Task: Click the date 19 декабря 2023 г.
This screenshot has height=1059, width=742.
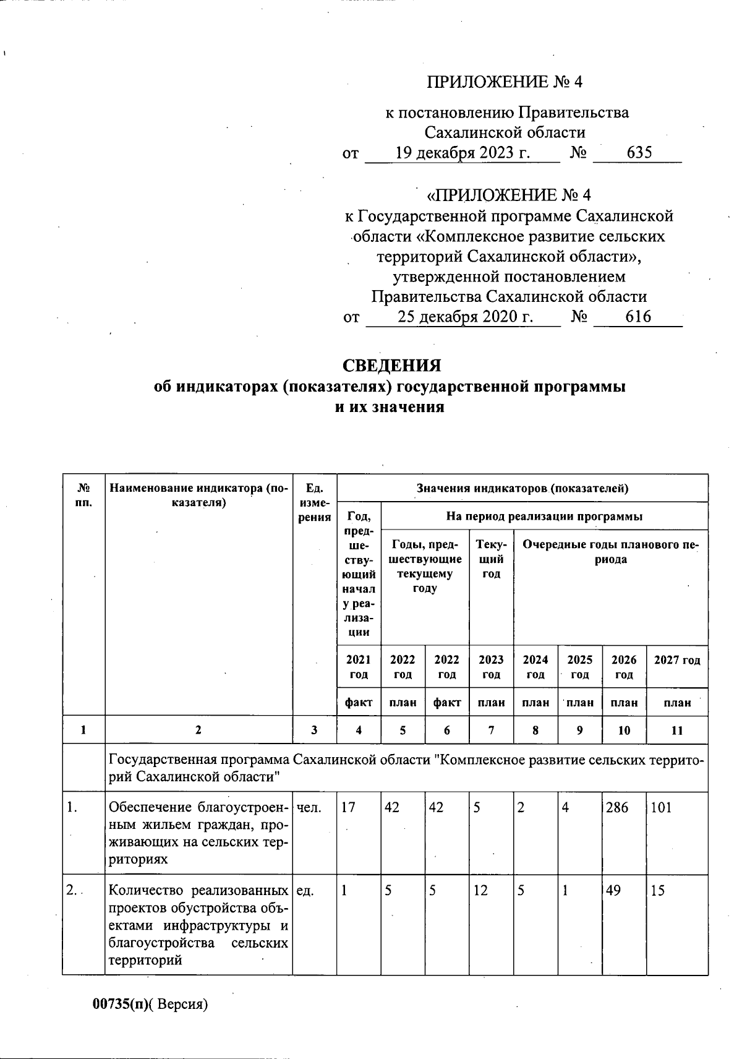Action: pos(463,153)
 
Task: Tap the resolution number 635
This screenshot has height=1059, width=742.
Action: pos(639,153)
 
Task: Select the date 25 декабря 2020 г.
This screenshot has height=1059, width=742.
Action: pos(465,317)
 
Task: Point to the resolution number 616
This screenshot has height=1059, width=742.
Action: pos(638,317)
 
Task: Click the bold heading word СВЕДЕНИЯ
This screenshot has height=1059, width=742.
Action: pos(392,366)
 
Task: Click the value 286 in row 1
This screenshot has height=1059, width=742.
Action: pos(616,807)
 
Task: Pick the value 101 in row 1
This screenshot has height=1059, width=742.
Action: pos(661,807)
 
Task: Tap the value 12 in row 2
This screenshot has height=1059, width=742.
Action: pos(481,891)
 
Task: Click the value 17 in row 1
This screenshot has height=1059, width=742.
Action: pos(348,807)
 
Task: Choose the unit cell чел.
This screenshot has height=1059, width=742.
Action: pos(309,807)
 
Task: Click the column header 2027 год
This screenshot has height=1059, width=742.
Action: pos(677,660)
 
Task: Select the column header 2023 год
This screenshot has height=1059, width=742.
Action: pos(492,667)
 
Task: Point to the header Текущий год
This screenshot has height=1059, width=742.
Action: pos(492,559)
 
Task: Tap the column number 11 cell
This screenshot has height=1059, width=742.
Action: pos(677,731)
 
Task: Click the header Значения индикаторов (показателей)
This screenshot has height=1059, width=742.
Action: pos(522,489)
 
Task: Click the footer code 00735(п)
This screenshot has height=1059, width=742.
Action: pos(122,1004)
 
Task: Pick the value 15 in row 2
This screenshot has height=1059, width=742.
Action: pos(657,891)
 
